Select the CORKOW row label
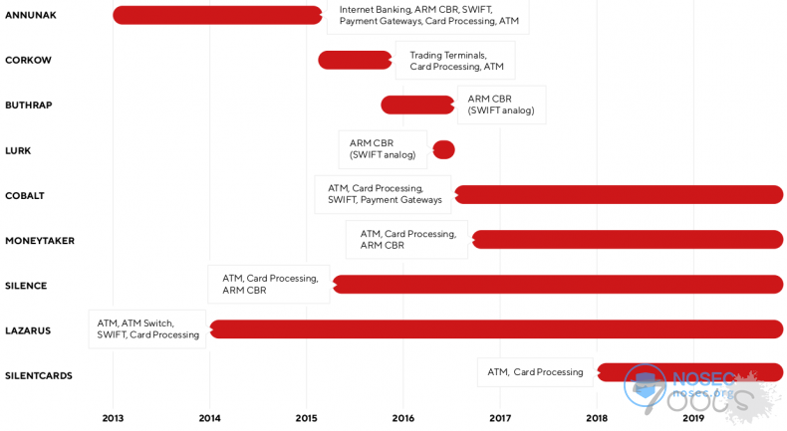(x=28, y=60)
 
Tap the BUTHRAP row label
(x=29, y=105)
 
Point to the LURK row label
(x=18, y=150)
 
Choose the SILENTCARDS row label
(x=39, y=375)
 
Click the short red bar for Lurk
(x=443, y=149)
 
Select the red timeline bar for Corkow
(x=355, y=60)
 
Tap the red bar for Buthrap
(x=417, y=105)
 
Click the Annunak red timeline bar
(x=217, y=15)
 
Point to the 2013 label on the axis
(x=113, y=418)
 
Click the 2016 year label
(x=403, y=418)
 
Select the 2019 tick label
(x=693, y=418)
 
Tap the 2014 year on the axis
(x=209, y=418)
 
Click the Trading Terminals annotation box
(x=455, y=61)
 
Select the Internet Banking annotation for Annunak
(x=428, y=15)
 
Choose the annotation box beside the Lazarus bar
(x=147, y=329)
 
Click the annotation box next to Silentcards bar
(x=535, y=372)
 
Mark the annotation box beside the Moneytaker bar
(x=406, y=240)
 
